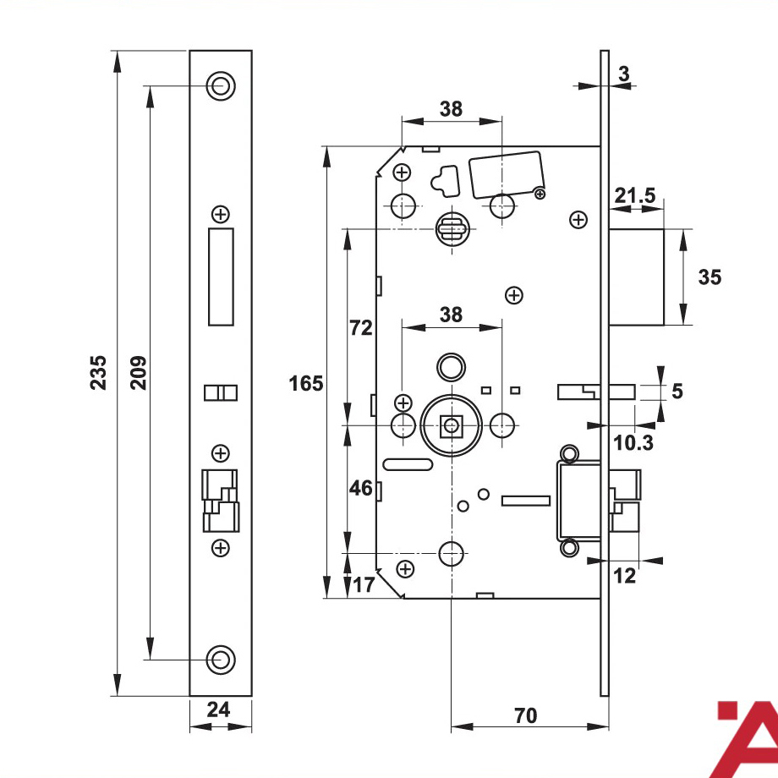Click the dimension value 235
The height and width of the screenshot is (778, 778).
click(98, 373)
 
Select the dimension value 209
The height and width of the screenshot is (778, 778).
click(139, 373)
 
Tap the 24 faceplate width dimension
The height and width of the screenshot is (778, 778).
click(218, 710)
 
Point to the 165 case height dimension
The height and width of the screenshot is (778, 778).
click(305, 384)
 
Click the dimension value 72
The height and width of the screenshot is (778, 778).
click(361, 328)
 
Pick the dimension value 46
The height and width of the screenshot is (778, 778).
click(361, 488)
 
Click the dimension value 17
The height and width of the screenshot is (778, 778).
click(364, 585)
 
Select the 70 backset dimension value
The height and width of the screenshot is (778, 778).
click(525, 715)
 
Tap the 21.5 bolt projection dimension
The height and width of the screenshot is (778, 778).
click(635, 195)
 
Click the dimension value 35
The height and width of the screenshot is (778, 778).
click(710, 277)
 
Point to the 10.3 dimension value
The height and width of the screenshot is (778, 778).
click(633, 442)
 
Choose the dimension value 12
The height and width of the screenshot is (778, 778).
click(624, 576)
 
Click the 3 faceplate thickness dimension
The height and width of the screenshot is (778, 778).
click(624, 74)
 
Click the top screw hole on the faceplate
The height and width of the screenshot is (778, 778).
click(221, 86)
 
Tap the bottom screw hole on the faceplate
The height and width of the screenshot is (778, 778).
click(221, 660)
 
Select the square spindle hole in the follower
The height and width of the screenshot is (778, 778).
click(451, 425)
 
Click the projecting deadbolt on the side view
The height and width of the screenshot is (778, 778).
click(637, 277)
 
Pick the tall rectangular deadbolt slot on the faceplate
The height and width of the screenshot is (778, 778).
click(221, 277)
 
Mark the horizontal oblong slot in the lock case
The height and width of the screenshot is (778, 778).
click(408, 464)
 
